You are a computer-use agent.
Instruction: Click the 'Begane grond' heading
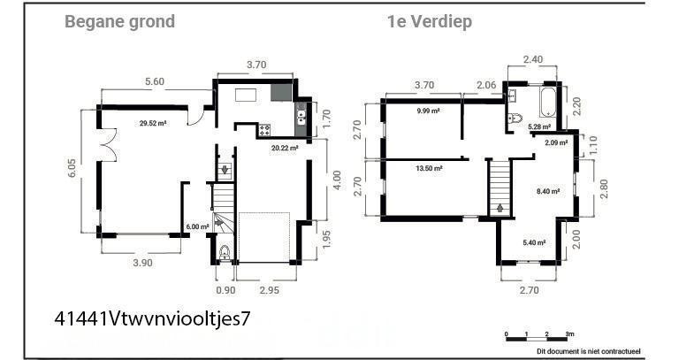(x=119, y=22)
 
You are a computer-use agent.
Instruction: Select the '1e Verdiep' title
(x=430, y=21)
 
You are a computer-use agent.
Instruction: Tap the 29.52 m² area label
(x=153, y=124)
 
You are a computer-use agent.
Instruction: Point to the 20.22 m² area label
(x=285, y=148)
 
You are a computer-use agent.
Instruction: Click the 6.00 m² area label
(x=197, y=226)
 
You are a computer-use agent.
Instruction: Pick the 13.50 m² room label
(x=430, y=168)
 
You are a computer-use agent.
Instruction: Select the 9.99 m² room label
(x=428, y=111)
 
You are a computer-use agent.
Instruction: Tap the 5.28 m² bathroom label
(x=539, y=127)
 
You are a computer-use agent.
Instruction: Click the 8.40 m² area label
(x=548, y=191)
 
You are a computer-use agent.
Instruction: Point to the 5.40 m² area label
(x=534, y=242)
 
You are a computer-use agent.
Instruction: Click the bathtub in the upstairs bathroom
(x=547, y=102)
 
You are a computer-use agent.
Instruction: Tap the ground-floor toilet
(x=225, y=252)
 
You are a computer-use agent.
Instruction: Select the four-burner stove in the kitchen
(x=265, y=130)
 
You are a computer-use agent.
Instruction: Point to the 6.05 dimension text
(x=72, y=168)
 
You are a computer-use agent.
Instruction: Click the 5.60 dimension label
(x=155, y=81)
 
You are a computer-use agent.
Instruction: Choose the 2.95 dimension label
(x=269, y=290)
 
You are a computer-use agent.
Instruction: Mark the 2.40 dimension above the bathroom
(x=532, y=59)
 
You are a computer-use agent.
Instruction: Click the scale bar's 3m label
(x=570, y=333)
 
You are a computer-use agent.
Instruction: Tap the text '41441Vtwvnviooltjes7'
(x=153, y=318)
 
